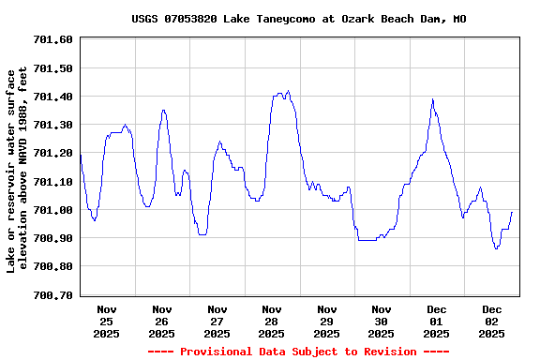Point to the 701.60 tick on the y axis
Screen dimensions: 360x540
53,39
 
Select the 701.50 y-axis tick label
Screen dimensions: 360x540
53,68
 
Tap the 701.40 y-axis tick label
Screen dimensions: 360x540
53,97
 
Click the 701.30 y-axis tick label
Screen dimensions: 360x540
53,125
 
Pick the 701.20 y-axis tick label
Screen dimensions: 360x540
53,153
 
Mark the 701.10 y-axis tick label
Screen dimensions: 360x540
53,182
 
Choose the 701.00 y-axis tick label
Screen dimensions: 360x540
53,210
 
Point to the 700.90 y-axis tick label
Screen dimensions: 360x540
53,238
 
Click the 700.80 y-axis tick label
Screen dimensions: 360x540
53,266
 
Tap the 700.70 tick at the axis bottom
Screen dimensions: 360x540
53,295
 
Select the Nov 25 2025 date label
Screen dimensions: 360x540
107,321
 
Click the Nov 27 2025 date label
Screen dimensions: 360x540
217,321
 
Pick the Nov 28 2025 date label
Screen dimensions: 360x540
272,321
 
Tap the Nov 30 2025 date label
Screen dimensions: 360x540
382,321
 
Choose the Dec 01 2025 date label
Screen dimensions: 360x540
437,321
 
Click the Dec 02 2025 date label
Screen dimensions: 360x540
492,321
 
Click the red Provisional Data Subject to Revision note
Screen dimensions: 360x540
297,352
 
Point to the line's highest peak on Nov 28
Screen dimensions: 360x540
288,92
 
